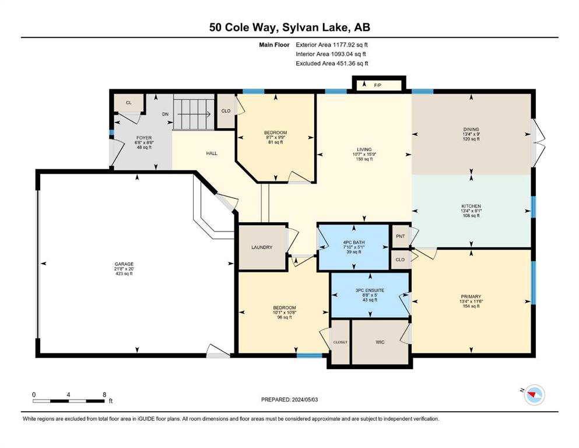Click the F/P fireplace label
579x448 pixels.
(377, 85)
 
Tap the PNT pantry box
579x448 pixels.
(400, 236)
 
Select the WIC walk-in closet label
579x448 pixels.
(380, 342)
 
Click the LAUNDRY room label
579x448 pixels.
(262, 247)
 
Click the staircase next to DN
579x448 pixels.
(194, 112)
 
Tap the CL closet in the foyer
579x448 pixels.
(128, 103)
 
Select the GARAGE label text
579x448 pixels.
(124, 264)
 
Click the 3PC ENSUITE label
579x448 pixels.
(370, 290)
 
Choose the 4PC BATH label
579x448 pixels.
(354, 243)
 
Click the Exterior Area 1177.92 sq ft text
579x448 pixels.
(332, 45)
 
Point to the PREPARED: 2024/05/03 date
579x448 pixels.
(289, 400)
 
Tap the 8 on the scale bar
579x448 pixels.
(104, 394)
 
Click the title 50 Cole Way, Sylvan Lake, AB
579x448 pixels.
(289, 27)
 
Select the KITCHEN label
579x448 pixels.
(471, 206)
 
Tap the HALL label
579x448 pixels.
(212, 153)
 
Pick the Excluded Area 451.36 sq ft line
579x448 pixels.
(332, 64)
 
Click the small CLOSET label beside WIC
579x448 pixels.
(340, 342)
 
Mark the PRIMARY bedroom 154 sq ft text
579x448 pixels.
(471, 306)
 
